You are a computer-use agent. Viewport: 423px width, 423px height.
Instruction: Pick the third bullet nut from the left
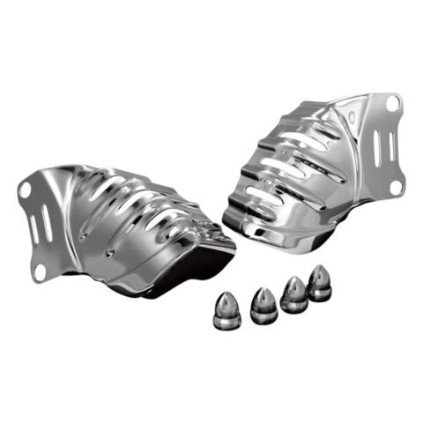click(x=293, y=295)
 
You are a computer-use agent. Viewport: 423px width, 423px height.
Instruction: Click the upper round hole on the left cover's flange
click(x=25, y=188)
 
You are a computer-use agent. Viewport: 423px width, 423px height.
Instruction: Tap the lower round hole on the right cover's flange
click(x=396, y=186)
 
